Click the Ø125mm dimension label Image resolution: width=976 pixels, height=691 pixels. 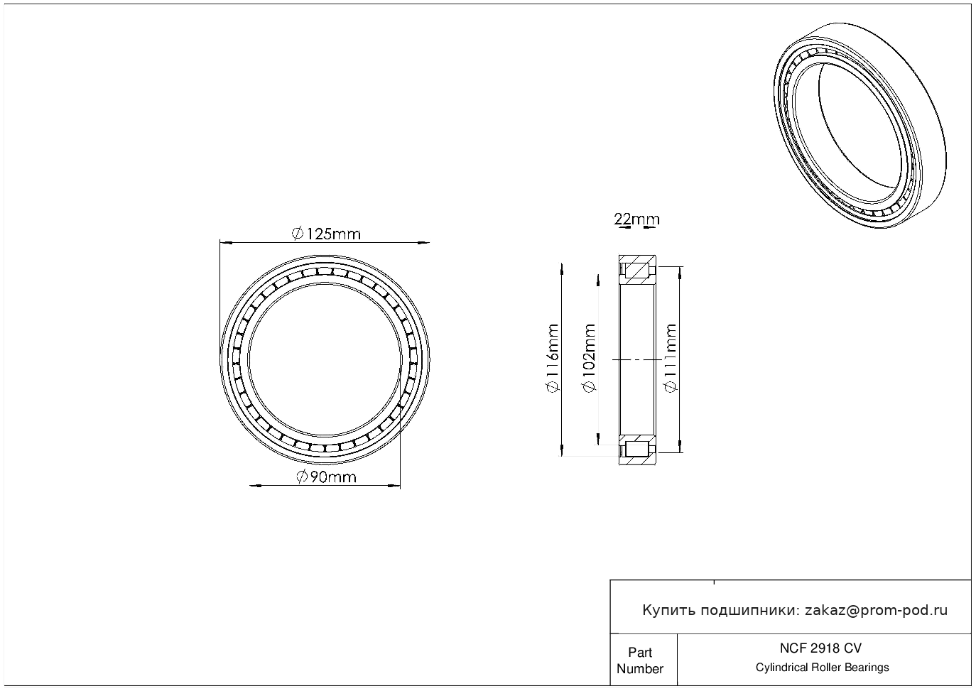(326, 234)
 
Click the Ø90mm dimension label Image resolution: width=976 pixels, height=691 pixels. (326, 477)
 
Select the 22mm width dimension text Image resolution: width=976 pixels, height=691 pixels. (636, 219)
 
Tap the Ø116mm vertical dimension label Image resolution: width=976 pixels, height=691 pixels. (553, 358)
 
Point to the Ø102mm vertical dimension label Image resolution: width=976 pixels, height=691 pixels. (589, 358)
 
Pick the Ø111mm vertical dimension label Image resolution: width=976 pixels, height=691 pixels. (671, 358)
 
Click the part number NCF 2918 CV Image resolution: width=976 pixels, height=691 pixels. (820, 648)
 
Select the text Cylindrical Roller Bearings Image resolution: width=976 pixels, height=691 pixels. (822, 667)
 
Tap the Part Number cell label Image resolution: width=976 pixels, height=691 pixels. (639, 660)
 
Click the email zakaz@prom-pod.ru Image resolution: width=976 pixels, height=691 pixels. (876, 611)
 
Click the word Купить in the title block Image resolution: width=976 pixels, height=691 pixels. (668, 611)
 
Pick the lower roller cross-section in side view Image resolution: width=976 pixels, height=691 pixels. (637, 449)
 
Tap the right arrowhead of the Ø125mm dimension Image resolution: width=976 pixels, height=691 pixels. (424, 243)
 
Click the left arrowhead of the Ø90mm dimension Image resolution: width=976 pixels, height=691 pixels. (255, 485)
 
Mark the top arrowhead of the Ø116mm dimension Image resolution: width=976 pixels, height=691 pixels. (562, 269)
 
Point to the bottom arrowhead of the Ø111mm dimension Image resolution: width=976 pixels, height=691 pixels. (681, 447)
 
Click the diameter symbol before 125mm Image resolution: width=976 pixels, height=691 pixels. (298, 234)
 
